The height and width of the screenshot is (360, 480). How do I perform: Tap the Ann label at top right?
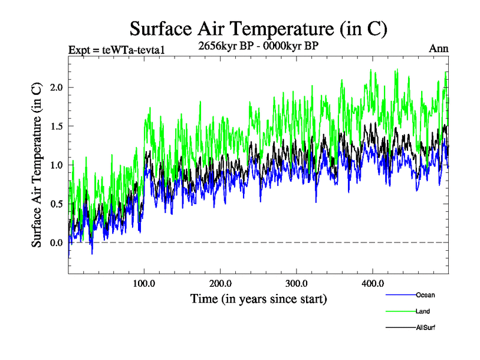[439, 49]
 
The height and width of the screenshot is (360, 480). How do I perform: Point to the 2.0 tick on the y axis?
[56, 88]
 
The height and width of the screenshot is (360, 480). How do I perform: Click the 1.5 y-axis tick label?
[56, 126]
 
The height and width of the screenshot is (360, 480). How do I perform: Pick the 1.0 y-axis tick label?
[56, 165]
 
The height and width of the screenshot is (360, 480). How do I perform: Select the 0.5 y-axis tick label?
[56, 204]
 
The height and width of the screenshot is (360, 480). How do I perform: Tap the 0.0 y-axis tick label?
[56, 242]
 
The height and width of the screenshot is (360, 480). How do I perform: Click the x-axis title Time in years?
[258, 298]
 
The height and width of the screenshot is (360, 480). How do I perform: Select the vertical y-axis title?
[37, 165]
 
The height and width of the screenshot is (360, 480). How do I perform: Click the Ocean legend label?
[425, 295]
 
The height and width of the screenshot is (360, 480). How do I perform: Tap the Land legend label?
[422, 311]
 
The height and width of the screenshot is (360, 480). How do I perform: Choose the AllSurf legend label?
[425, 328]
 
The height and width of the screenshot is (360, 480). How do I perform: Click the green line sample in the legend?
[399, 311]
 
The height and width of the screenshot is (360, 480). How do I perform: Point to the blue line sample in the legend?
[399, 295]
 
